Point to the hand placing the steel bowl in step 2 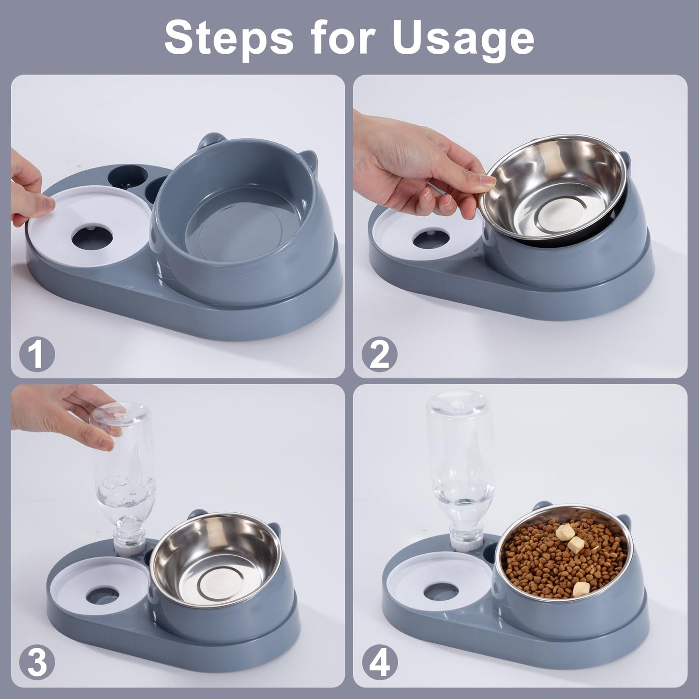click(411, 169)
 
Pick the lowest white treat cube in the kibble click(580, 589)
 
